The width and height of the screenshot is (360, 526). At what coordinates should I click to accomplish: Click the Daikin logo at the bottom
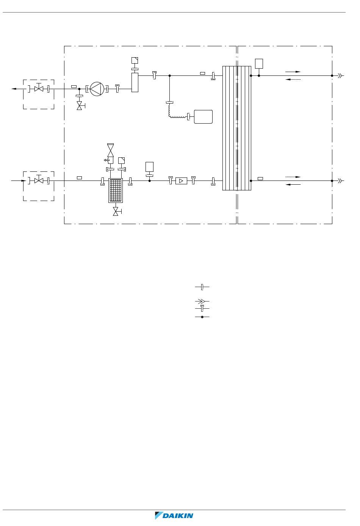pyautogui.click(x=174, y=515)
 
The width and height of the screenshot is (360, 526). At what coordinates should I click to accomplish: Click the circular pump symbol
pyautogui.click(x=97, y=89)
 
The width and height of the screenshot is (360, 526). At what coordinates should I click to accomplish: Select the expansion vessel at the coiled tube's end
pyautogui.click(x=203, y=117)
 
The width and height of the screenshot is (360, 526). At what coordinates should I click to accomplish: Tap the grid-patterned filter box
pyautogui.click(x=116, y=190)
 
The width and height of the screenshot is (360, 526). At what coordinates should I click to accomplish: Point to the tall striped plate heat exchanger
pyautogui.click(x=237, y=128)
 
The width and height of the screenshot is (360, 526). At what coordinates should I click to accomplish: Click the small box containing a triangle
pyautogui.click(x=181, y=181)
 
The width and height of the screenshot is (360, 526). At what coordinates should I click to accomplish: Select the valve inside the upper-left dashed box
pyautogui.click(x=39, y=88)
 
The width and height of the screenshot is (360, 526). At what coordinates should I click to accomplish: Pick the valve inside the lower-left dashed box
pyautogui.click(x=39, y=180)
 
